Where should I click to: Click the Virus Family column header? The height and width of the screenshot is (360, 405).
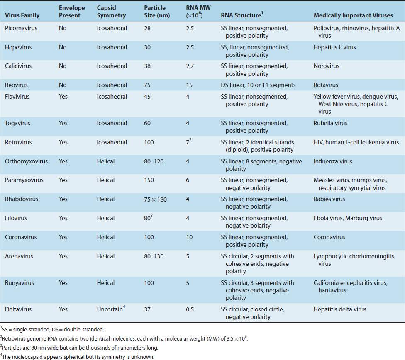coord(22,15)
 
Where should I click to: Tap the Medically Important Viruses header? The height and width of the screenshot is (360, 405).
coord(353,15)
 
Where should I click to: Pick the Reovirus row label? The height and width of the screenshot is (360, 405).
coord(16,85)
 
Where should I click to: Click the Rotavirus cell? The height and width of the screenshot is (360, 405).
coord(326,85)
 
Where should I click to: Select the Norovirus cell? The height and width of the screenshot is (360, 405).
coord(326,66)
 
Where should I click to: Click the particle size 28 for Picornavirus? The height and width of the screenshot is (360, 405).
coord(147,28)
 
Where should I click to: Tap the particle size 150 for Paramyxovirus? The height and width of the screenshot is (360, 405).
coord(149,180)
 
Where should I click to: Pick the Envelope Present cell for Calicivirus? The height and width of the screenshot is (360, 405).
coord(62,66)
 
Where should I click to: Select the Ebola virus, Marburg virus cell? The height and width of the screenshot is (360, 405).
coord(348,218)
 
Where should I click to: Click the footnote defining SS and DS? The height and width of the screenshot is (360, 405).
coord(52,329)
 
